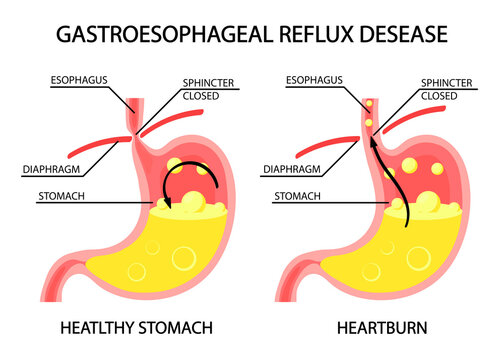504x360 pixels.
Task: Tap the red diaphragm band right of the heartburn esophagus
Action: click(x=428, y=116)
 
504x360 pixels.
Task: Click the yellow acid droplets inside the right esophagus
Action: click(x=371, y=113)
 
